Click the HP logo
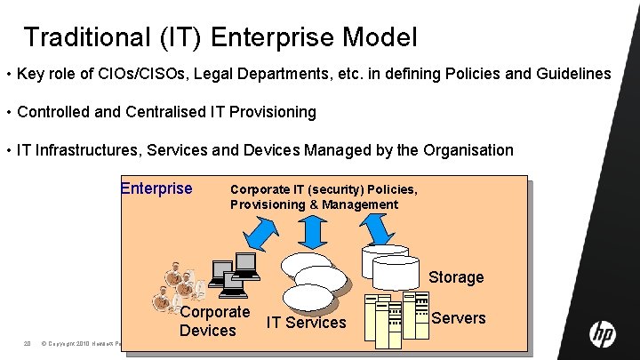pyautogui.click(x=602, y=333)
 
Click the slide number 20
pyautogui.click(x=28, y=343)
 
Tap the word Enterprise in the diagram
pyautogui.click(x=156, y=188)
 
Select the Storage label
pyautogui.click(x=456, y=277)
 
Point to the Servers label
pyautogui.click(x=459, y=318)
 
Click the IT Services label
pyautogui.click(x=307, y=323)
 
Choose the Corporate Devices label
pyautogui.click(x=214, y=321)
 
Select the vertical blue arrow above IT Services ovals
pyautogui.click(x=311, y=233)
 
